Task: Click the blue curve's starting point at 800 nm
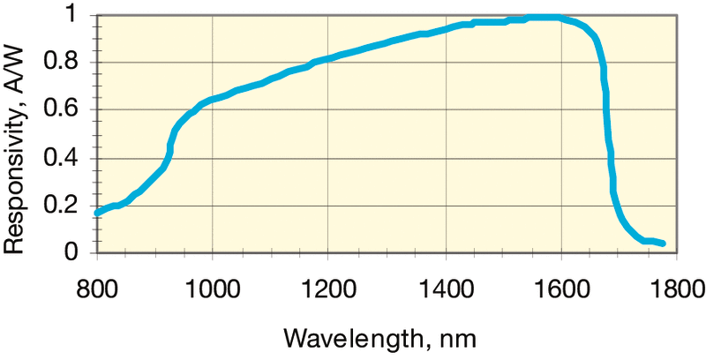(97, 213)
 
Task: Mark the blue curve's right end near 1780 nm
(662, 243)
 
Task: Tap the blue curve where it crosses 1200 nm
(327, 59)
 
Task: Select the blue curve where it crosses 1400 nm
(444, 27)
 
